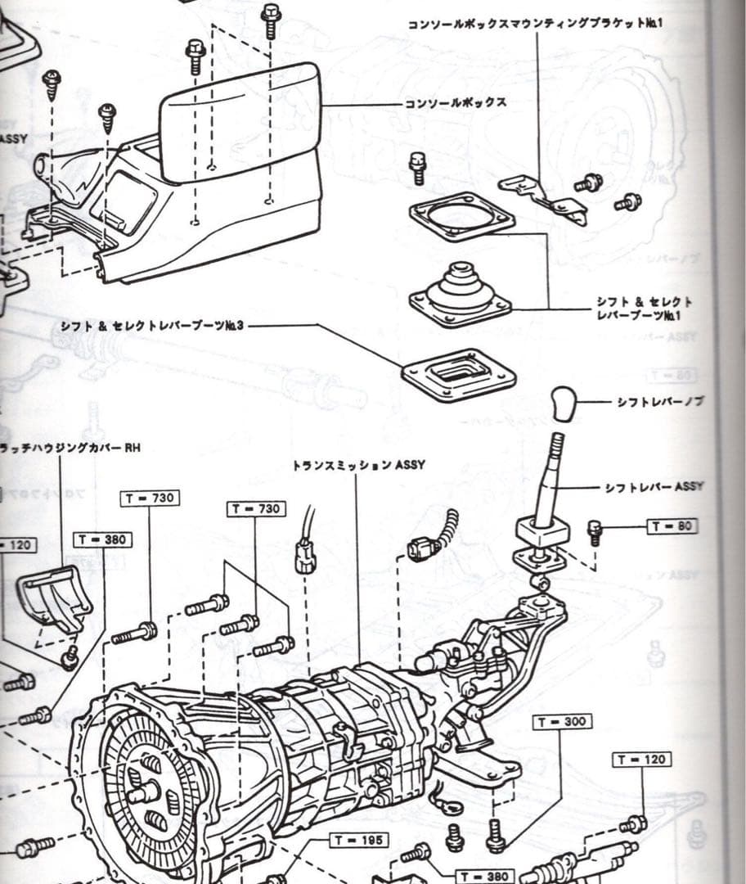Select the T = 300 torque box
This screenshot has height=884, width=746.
(562, 722)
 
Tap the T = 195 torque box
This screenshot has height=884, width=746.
(358, 840)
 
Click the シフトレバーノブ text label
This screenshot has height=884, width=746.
(660, 401)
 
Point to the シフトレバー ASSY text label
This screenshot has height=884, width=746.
(654, 487)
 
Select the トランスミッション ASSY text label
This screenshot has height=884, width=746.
(358, 465)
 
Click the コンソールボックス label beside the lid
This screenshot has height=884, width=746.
(455, 103)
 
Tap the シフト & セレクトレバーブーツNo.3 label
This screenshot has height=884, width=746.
(152, 326)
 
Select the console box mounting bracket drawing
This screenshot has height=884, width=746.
(546, 197)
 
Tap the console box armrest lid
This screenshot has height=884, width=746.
(239, 121)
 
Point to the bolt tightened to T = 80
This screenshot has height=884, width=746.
(595, 532)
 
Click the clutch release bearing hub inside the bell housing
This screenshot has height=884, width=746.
(145, 792)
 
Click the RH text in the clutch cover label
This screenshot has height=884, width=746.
(133, 448)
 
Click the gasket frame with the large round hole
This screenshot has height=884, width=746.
(463, 217)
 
